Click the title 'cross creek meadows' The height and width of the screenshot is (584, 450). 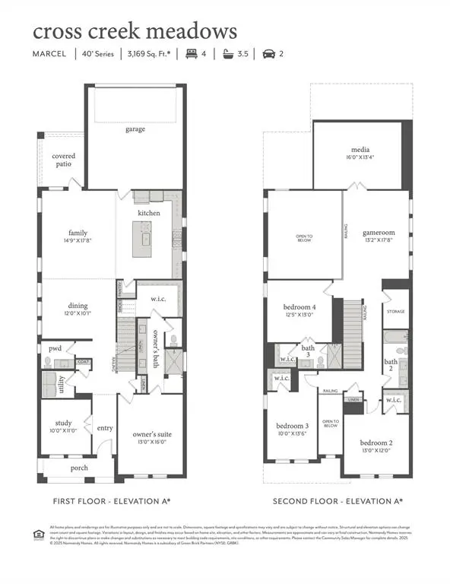pos(135,31)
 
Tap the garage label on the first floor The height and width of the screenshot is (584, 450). pos(135,129)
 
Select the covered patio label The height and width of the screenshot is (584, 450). pos(64,160)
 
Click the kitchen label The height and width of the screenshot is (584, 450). pos(149,213)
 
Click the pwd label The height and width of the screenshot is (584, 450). pos(55,348)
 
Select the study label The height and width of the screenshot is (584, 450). pos(63,423)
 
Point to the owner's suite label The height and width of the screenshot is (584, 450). pos(154,433)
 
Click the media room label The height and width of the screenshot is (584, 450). pos(360,150)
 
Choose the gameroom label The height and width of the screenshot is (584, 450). pos(377,233)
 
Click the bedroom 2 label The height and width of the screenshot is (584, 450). pos(376,443)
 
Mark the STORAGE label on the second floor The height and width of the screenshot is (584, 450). pos(396,312)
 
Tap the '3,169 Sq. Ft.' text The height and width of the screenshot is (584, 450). pos(148,54)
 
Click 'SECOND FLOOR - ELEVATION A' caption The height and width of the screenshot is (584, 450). pos(338,501)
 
